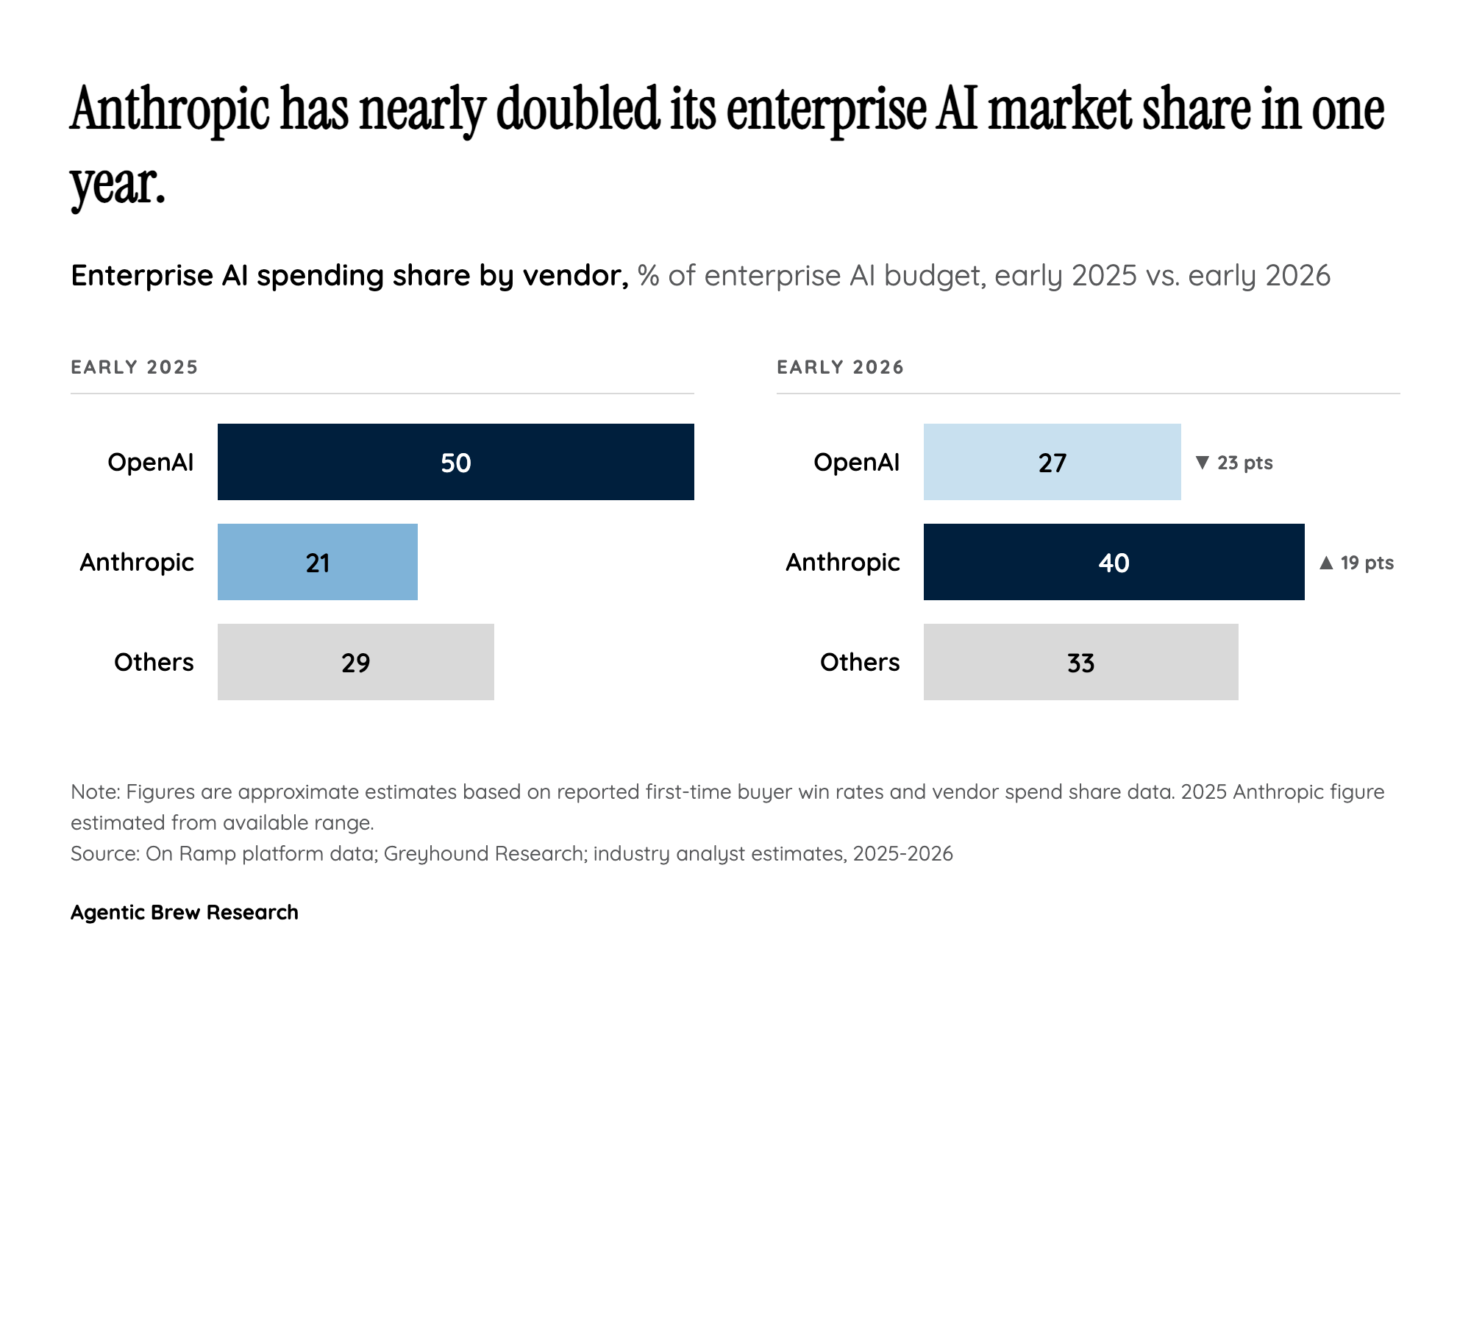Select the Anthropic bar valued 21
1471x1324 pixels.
318,562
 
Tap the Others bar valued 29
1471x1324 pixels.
356,662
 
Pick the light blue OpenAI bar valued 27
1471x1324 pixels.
1052,462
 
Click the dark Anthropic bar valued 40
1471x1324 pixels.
1114,562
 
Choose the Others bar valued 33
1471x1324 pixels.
1080,662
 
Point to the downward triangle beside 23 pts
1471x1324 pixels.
1203,462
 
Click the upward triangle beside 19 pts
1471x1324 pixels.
1326,563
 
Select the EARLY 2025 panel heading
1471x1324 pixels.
135,367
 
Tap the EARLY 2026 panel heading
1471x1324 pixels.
840,367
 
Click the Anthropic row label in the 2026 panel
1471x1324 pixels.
842,562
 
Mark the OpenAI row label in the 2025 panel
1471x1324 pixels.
150,462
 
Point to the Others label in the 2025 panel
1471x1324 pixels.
154,662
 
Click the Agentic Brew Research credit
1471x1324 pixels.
184,912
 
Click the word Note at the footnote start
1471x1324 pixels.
94,791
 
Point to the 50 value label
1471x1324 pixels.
455,463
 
